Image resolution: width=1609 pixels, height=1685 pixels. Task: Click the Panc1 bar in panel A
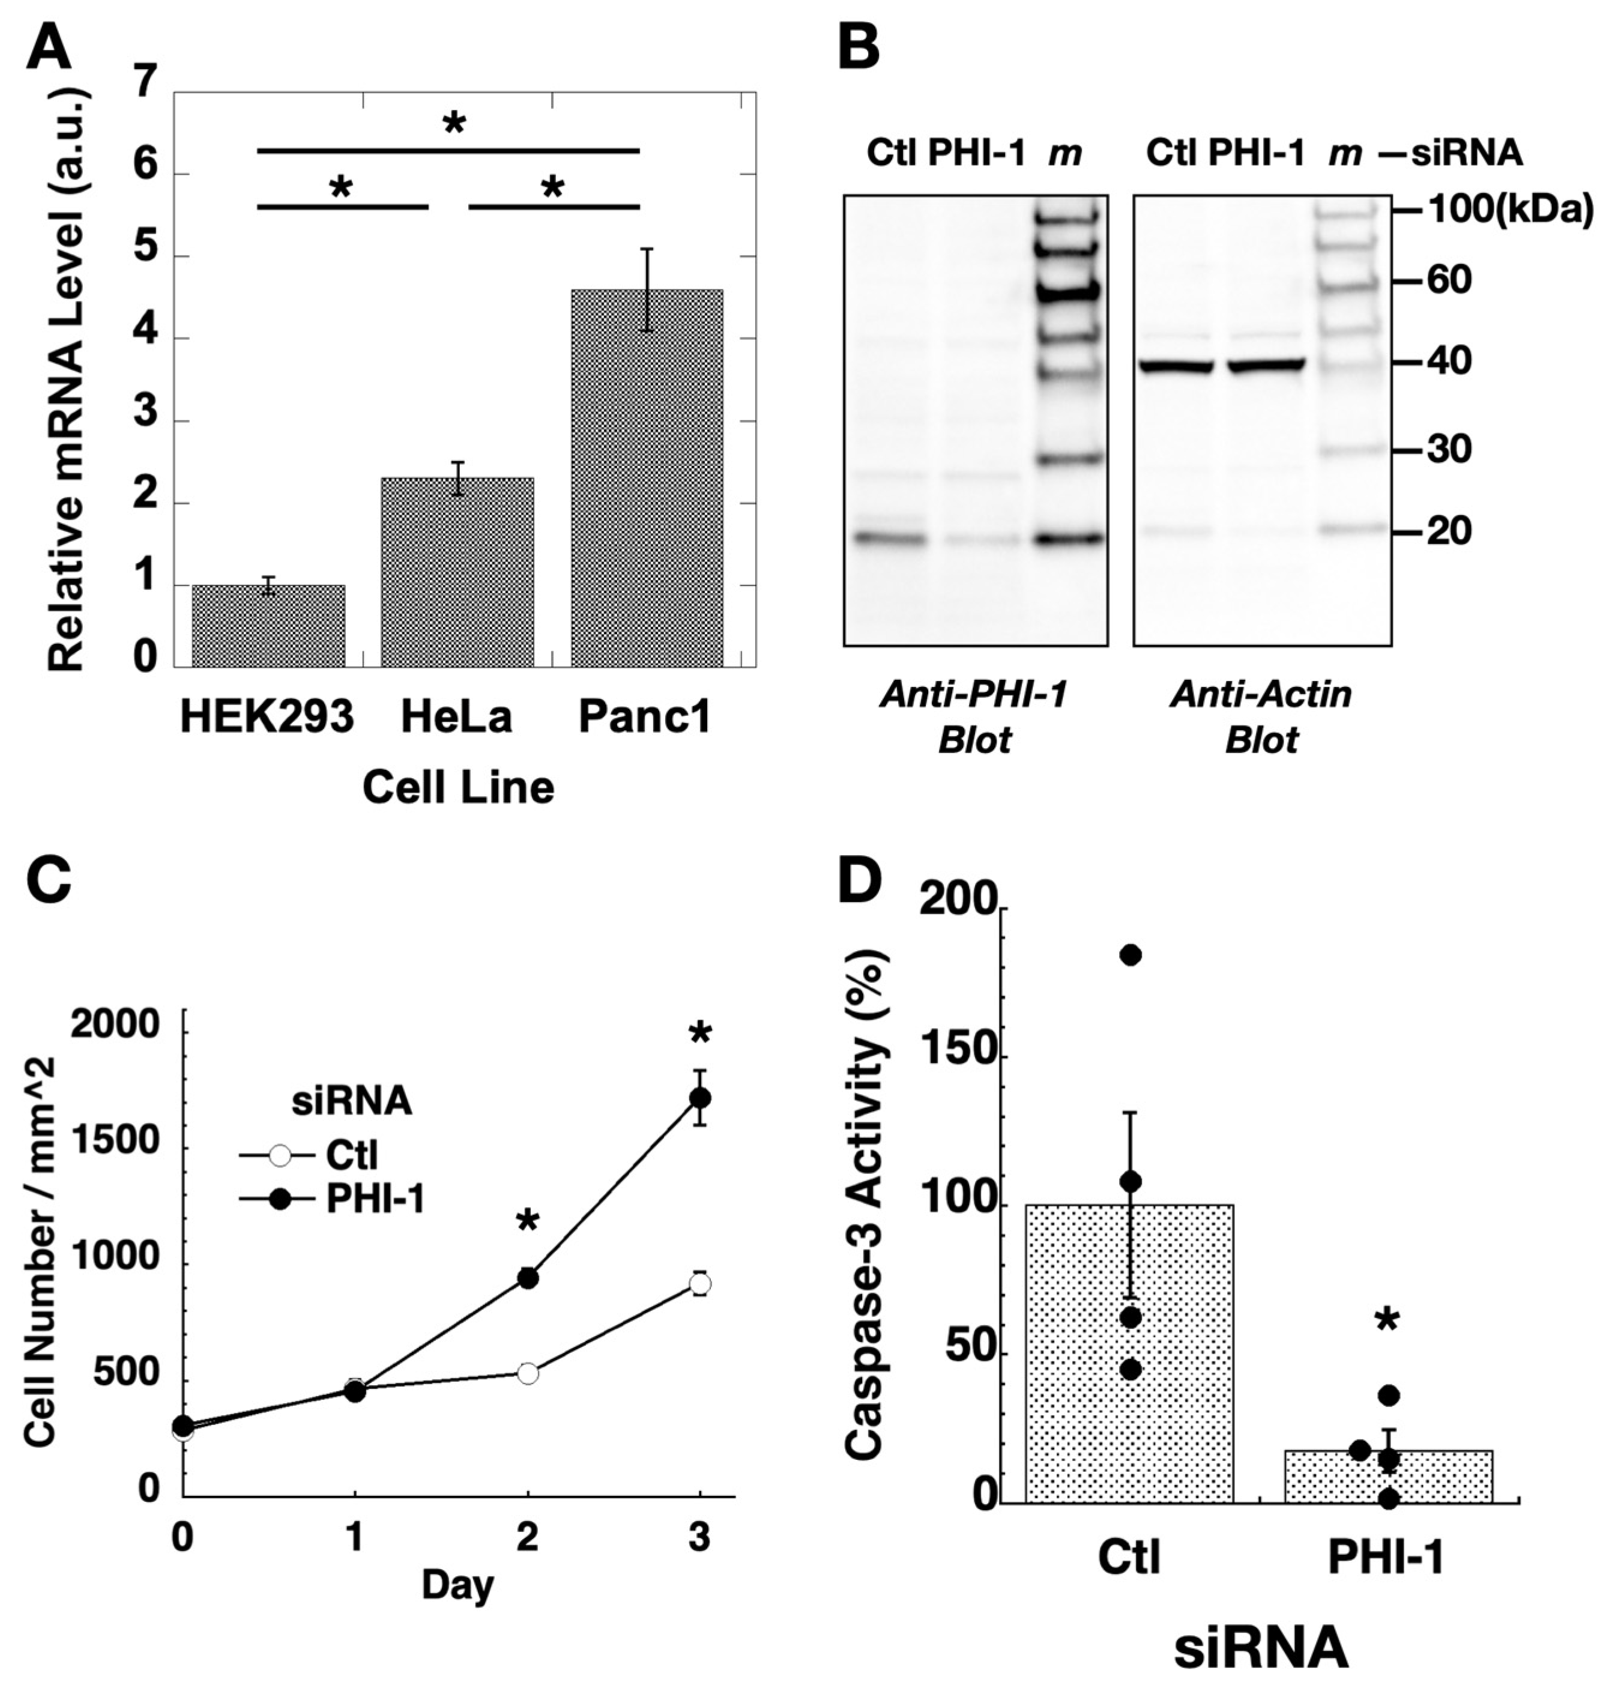click(x=647, y=480)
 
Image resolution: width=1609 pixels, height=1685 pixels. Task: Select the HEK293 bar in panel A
click(x=268, y=627)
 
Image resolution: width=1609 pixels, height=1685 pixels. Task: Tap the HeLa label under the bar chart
click(x=456, y=717)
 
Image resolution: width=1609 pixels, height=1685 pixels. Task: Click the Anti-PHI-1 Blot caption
click(x=974, y=716)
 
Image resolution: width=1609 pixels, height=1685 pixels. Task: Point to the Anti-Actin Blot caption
click(x=1261, y=716)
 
